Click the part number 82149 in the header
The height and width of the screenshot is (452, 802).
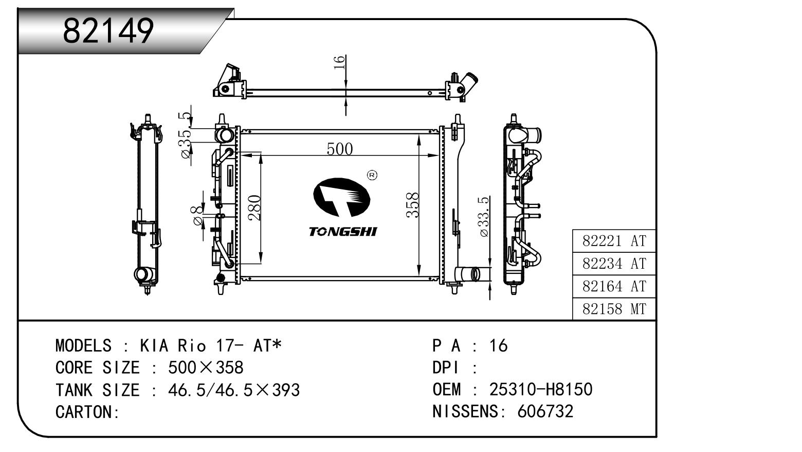[108, 31]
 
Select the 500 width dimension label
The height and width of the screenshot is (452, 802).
[340, 149]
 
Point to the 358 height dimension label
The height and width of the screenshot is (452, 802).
[413, 205]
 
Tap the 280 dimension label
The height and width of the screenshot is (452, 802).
[254, 207]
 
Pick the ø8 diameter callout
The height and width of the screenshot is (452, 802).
[197, 216]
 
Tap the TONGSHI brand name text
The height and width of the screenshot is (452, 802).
[342, 232]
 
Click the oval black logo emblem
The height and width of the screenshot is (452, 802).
[341, 197]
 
